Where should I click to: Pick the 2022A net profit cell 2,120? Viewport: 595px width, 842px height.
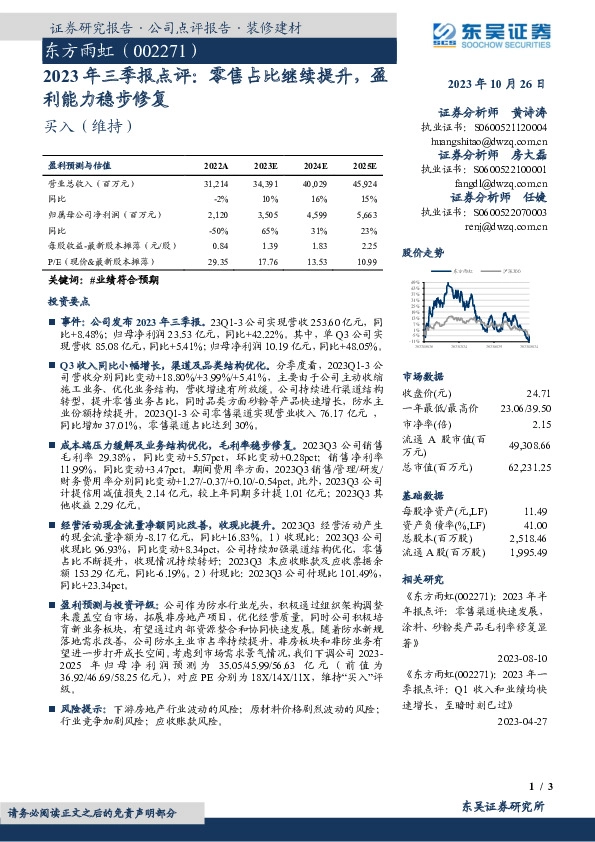(216, 214)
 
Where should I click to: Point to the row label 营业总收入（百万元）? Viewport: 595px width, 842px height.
(92, 184)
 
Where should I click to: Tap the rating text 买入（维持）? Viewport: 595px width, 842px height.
(76, 125)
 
